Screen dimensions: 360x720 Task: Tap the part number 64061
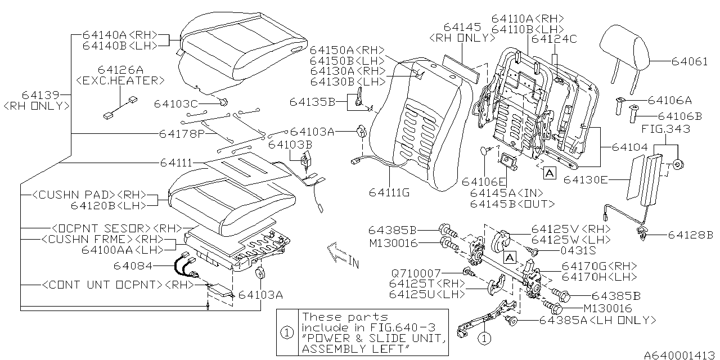(690, 62)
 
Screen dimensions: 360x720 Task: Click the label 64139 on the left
(39, 94)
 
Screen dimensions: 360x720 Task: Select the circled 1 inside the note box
(287, 332)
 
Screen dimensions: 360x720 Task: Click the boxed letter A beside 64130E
(550, 174)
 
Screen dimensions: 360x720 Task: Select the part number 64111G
(389, 192)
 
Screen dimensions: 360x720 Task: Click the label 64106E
(483, 181)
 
